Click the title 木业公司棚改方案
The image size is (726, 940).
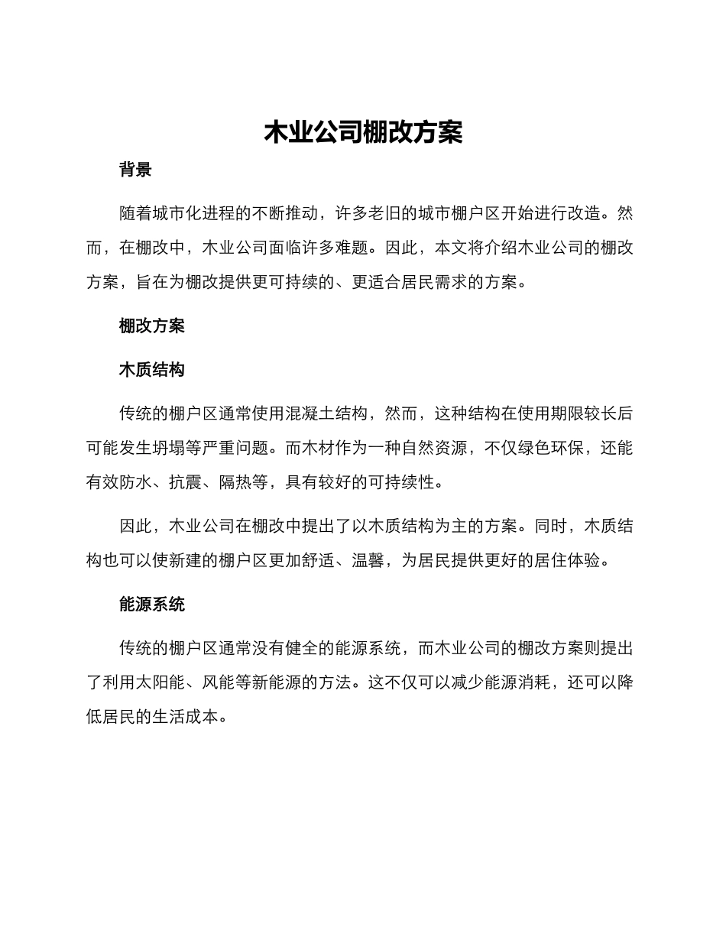tap(363, 132)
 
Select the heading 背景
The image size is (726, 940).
tap(135, 170)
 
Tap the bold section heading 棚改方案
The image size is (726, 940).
tap(152, 326)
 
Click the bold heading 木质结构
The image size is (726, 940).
tap(152, 371)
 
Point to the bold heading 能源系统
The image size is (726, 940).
tap(152, 605)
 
